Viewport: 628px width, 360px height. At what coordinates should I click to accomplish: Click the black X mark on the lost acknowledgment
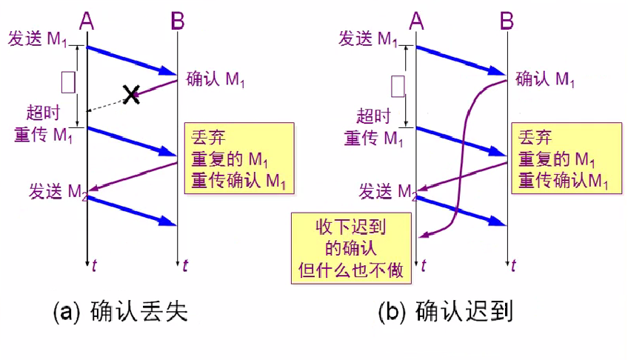pyautogui.click(x=131, y=94)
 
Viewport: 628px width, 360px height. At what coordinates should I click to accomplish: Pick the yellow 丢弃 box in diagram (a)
pyautogui.click(x=238, y=159)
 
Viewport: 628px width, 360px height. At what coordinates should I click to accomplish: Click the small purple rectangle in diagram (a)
pyautogui.click(x=68, y=81)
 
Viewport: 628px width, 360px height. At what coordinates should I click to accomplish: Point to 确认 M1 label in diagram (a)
pyautogui.click(x=216, y=80)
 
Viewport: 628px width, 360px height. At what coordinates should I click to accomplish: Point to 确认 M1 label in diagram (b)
pyautogui.click(x=545, y=79)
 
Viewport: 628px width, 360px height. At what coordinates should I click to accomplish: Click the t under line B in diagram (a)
pyautogui.click(x=185, y=265)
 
